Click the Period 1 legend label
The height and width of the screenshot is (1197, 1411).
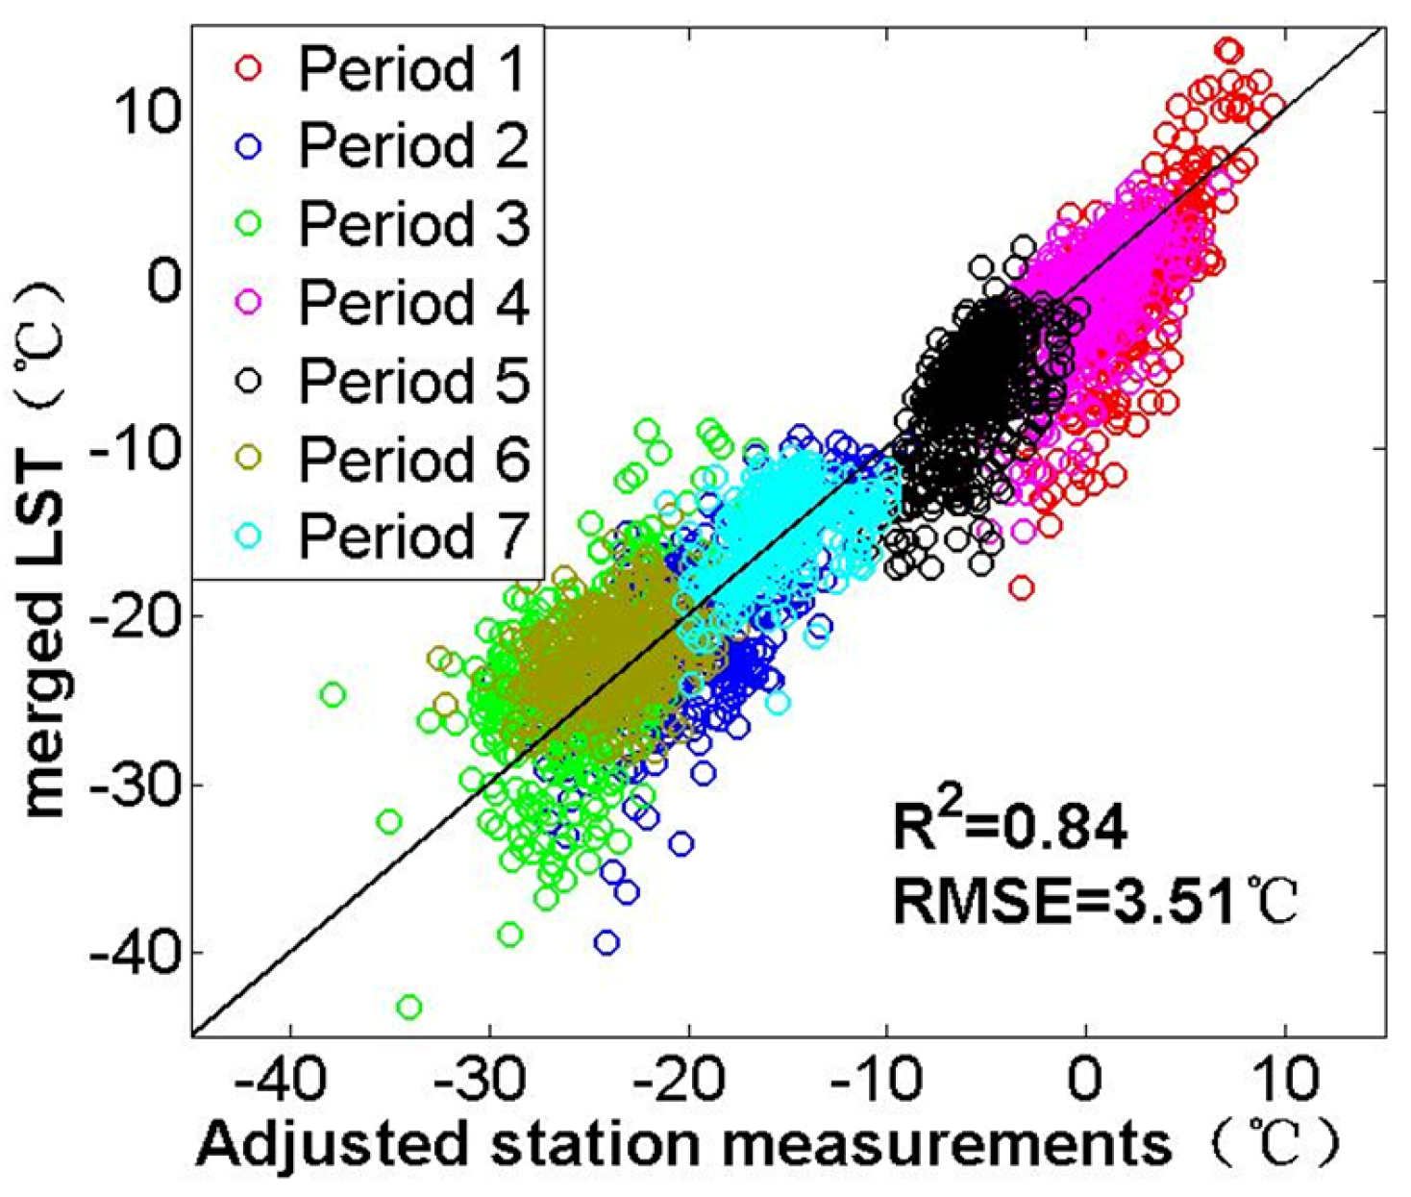tap(413, 69)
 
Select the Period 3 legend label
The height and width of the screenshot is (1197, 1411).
tap(413, 224)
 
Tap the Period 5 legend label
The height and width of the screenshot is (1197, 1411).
tap(413, 380)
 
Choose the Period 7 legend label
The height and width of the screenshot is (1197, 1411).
tap(413, 536)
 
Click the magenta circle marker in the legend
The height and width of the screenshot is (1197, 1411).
tap(249, 302)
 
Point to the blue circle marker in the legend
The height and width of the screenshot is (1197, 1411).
tap(249, 146)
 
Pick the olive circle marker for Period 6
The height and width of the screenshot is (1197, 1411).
tap(249, 458)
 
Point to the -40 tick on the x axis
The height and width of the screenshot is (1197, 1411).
tap(290, 1080)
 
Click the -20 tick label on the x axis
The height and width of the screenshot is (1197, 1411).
tap(688, 1080)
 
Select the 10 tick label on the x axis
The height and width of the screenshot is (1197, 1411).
tap(1286, 1080)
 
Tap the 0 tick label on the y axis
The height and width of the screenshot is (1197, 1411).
tap(165, 282)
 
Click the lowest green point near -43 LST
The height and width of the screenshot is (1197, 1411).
tap(409, 1007)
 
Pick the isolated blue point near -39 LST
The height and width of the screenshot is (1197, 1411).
tap(606, 942)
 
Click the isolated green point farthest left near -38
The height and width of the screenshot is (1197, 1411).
tap(333, 694)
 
